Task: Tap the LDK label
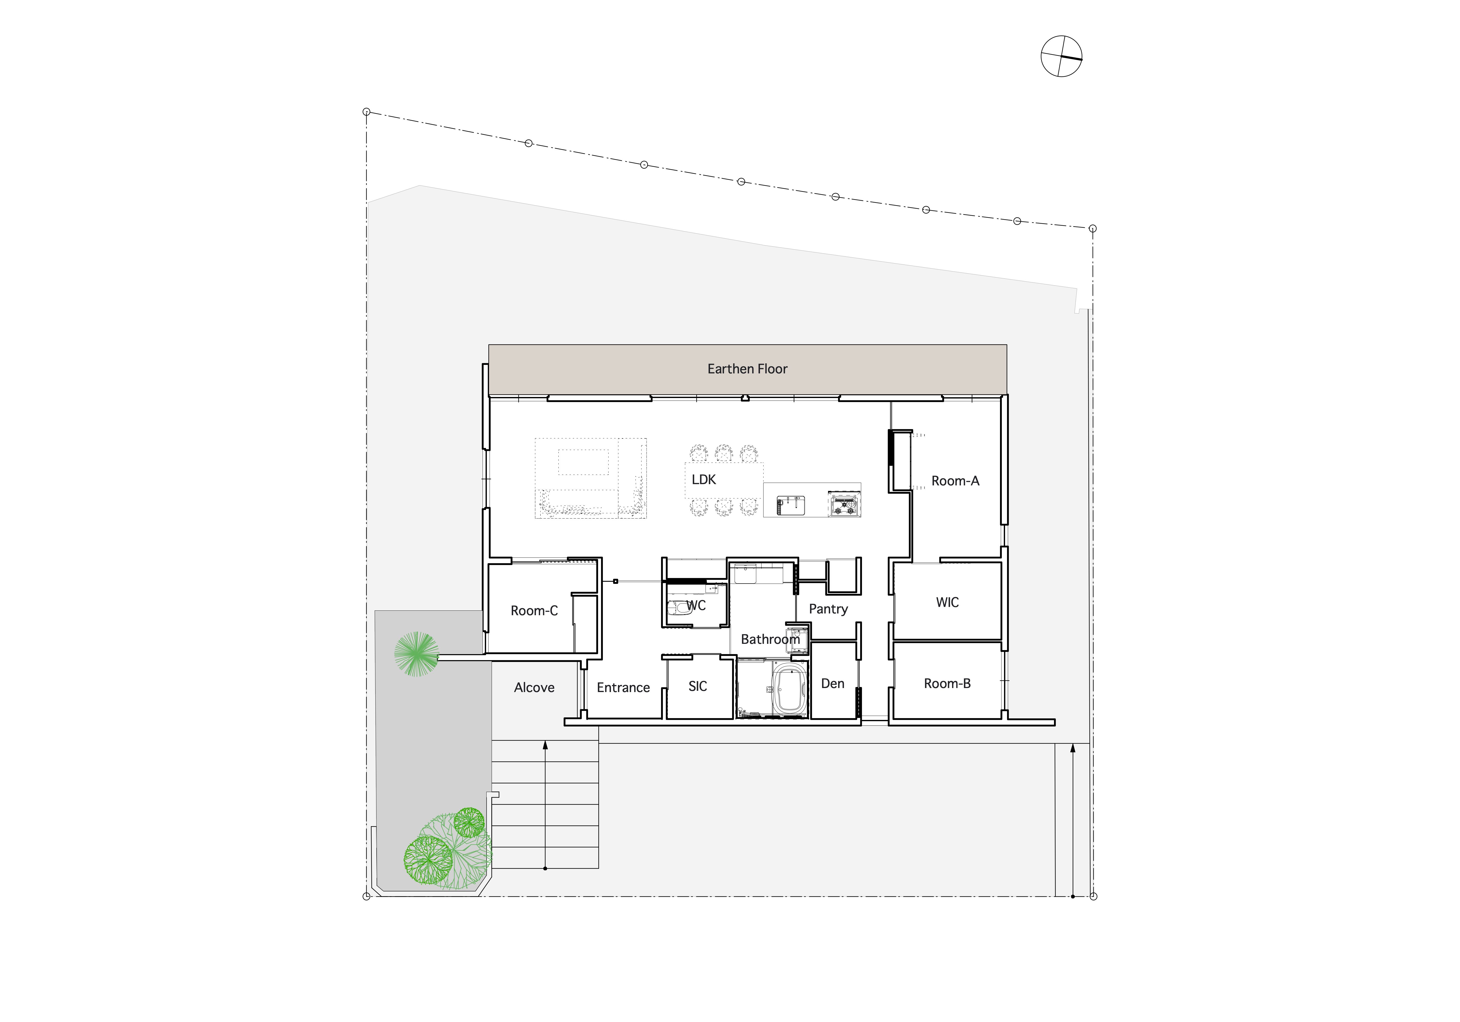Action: pyautogui.click(x=704, y=480)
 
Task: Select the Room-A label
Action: pyautogui.click(x=955, y=481)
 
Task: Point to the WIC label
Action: pyautogui.click(x=948, y=602)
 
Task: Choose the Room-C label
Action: pyautogui.click(x=534, y=610)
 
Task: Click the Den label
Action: pyautogui.click(x=832, y=684)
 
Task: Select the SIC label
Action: pyautogui.click(x=697, y=686)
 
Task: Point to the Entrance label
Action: pyautogui.click(x=623, y=688)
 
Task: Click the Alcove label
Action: pyautogui.click(x=534, y=688)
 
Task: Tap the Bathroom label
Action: pyautogui.click(x=770, y=639)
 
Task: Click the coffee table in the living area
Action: pyautogui.click(x=583, y=462)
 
